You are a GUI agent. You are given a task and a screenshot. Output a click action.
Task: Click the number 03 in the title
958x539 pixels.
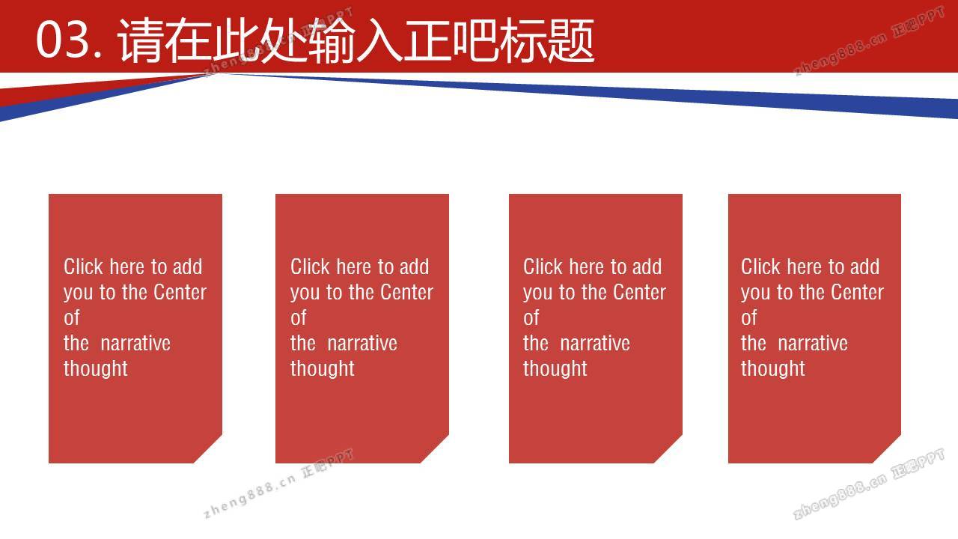point(64,40)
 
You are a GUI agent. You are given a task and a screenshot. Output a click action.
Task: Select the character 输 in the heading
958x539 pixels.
point(331,40)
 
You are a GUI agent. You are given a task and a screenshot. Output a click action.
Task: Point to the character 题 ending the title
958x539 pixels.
point(571,40)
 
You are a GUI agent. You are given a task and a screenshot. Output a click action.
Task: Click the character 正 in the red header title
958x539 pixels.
point(427,40)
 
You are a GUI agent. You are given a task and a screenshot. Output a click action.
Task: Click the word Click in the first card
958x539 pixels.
point(83,267)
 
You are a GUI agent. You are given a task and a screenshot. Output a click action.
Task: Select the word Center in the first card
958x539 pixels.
point(180,292)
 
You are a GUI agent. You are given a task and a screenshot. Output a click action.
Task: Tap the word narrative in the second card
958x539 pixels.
point(362,343)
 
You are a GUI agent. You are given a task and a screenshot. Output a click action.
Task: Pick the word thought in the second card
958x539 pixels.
point(323,369)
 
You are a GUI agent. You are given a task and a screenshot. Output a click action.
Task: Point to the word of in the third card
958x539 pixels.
point(531,317)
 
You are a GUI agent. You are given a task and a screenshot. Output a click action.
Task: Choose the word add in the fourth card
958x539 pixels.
point(864,267)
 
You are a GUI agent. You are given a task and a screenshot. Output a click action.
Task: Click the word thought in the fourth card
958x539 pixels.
point(773,369)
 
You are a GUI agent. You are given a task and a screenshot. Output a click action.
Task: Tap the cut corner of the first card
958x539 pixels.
point(208,448)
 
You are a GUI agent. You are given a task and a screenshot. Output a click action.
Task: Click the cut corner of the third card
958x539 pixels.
point(668,448)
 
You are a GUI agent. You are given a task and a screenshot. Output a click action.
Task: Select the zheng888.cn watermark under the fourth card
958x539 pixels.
point(839,496)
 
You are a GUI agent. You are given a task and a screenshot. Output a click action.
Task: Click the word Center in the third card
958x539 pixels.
point(639,292)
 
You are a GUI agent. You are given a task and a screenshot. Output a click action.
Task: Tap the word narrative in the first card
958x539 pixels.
point(135,343)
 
